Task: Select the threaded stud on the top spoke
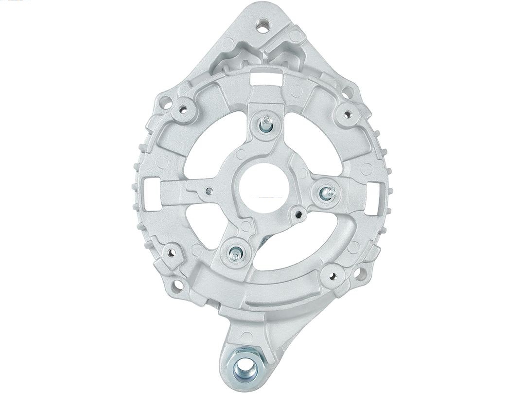265,124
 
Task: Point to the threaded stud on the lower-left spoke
235,251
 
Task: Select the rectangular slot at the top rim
266,76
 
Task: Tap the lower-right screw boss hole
332,276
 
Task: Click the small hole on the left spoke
209,191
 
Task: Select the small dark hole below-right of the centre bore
298,213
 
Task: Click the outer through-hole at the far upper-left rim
166,103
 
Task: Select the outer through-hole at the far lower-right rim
360,274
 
